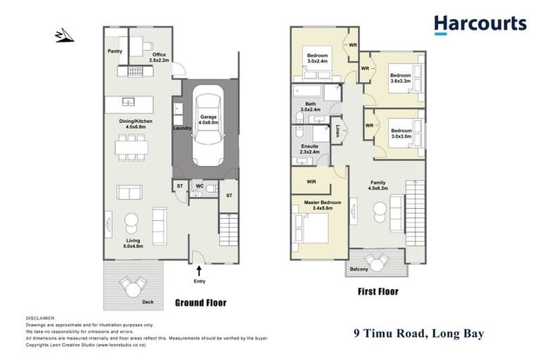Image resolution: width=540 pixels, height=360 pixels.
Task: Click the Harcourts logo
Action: pos(480,25)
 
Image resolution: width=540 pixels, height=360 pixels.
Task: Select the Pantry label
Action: pos(115,51)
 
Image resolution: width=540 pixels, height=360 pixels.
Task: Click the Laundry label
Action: pos(182,128)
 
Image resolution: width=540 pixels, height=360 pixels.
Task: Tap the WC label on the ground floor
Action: pos(200,186)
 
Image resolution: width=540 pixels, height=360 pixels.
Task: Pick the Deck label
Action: pos(147,302)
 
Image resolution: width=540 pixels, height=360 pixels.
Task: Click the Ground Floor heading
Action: pos(200,303)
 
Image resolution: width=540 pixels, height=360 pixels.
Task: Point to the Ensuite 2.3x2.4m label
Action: pos(310,148)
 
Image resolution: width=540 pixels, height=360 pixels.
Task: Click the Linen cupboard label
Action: pos(337,130)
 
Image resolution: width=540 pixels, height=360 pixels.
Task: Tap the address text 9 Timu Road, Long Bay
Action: pos(418,333)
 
